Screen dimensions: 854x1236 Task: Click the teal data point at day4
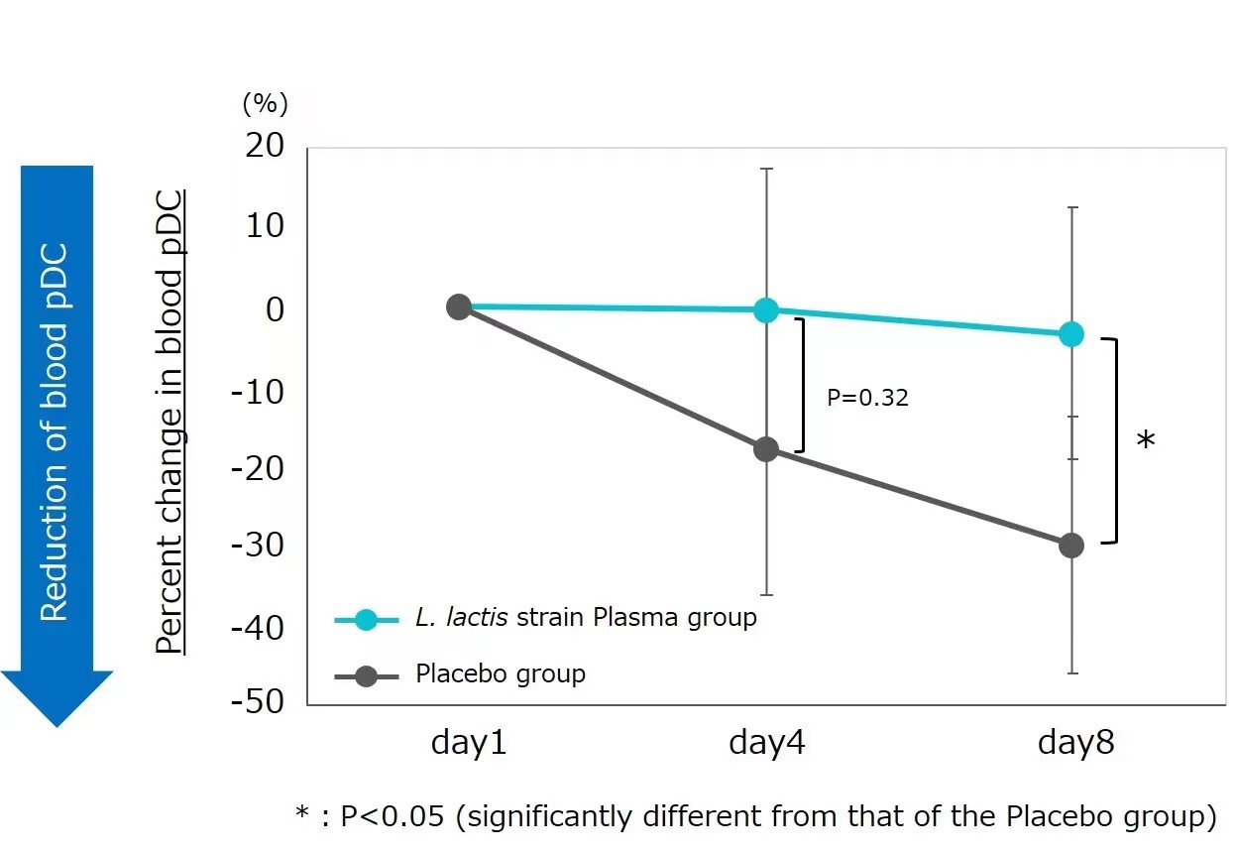(766, 309)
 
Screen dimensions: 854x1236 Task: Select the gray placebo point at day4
(766, 449)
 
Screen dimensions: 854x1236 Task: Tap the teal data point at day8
(1071, 334)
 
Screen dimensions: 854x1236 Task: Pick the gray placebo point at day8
(1071, 546)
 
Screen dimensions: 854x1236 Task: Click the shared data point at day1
(458, 306)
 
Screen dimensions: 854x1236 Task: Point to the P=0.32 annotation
(867, 398)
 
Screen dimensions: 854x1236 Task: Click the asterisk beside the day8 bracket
(1146, 441)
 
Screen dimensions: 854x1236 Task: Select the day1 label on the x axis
(469, 742)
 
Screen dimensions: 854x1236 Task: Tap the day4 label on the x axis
(766, 742)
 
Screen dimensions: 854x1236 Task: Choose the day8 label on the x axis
(1075, 742)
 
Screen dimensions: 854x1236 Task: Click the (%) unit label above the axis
(265, 102)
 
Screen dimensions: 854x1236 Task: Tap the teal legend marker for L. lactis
(365, 619)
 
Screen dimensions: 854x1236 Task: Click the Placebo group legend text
(501, 674)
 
